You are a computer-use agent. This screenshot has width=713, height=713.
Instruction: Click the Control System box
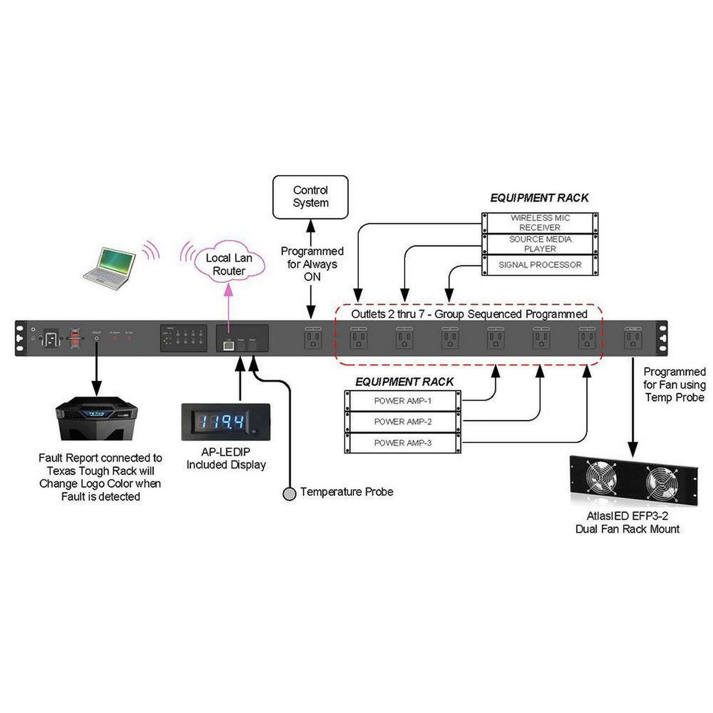[x=310, y=197]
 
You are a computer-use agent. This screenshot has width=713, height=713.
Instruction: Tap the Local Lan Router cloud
[x=228, y=264]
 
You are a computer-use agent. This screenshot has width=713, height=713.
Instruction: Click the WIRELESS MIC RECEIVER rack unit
[x=540, y=223]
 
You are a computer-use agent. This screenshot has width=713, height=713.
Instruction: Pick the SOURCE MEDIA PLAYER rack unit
[x=540, y=244]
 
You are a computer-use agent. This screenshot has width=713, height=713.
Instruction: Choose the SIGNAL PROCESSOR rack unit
[x=540, y=265]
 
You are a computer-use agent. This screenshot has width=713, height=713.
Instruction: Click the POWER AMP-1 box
[x=402, y=401]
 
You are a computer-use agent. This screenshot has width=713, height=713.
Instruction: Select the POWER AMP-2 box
[x=402, y=422]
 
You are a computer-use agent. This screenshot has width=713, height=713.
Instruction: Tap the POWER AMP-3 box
[x=402, y=443]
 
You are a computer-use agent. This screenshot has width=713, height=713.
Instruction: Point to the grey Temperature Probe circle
[x=289, y=493]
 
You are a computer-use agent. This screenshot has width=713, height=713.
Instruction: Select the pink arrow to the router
[x=228, y=305]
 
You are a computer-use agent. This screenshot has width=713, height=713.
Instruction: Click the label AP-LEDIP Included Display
[x=226, y=458]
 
